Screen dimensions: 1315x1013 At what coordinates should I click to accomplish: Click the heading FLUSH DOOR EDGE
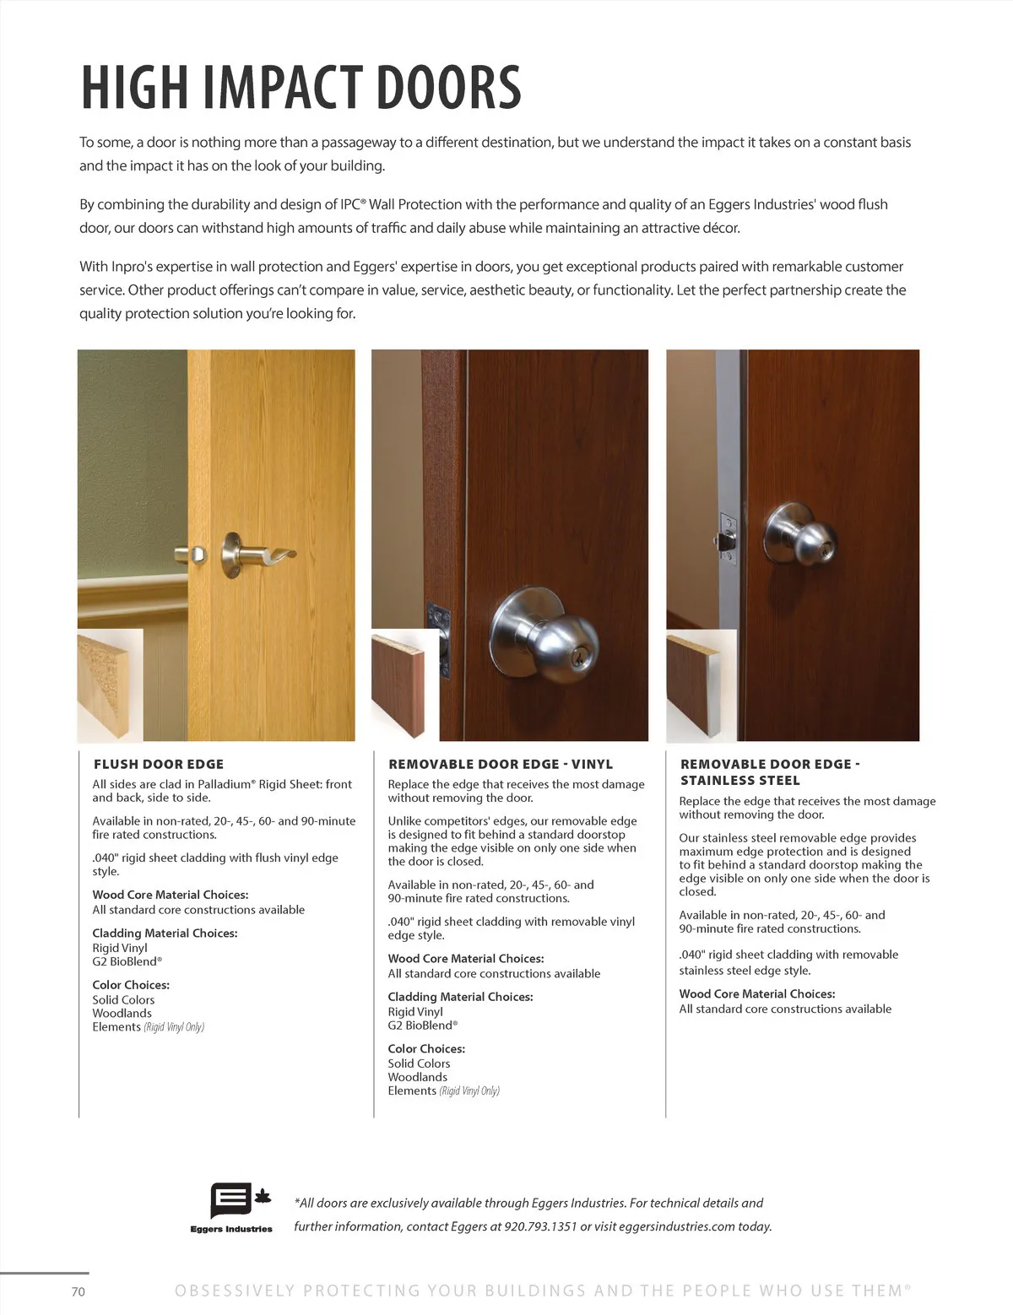pyautogui.click(x=159, y=764)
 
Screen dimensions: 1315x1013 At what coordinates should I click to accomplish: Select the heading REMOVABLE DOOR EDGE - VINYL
pyautogui.click(x=501, y=764)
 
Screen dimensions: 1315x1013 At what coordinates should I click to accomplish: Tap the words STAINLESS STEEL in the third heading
pyautogui.click(x=740, y=781)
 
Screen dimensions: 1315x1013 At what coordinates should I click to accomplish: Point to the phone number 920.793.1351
pyautogui.click(x=540, y=1226)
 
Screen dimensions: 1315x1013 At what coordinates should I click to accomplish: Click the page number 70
pyautogui.click(x=79, y=1291)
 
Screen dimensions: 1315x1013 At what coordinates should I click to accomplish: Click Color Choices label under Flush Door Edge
pyautogui.click(x=131, y=985)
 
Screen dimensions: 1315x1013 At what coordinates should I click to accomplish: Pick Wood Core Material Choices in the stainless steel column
pyautogui.click(x=757, y=994)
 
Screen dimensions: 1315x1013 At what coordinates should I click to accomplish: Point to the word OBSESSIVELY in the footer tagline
pyautogui.click(x=235, y=1291)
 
